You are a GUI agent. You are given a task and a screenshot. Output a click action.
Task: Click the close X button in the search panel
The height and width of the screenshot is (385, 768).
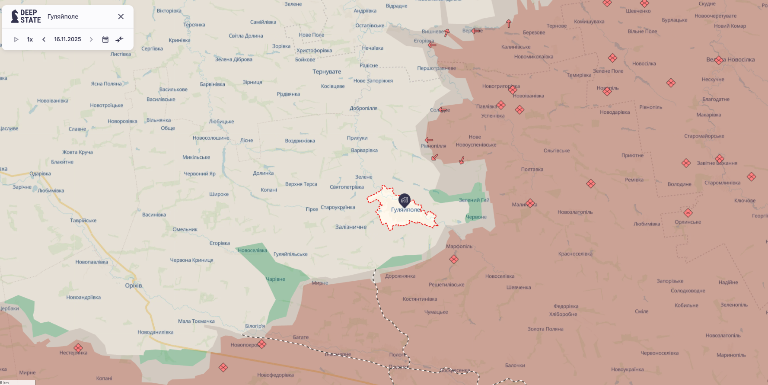point(121,16)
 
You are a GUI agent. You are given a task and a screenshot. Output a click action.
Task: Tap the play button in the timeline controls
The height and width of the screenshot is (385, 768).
point(16,39)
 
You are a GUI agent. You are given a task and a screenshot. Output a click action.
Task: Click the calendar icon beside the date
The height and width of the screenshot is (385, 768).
point(105,39)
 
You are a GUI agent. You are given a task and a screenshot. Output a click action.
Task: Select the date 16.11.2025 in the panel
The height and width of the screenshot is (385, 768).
point(67,39)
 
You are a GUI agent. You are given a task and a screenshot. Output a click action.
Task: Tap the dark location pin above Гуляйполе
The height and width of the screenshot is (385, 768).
point(404,200)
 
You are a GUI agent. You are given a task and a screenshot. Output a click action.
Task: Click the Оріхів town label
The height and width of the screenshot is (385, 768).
point(133,286)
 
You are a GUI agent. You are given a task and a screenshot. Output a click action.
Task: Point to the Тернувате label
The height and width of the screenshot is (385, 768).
point(327,72)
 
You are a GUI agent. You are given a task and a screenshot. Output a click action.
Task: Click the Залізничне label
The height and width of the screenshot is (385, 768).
point(351,227)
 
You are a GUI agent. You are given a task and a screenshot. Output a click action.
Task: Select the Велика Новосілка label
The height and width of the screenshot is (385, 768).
point(730,60)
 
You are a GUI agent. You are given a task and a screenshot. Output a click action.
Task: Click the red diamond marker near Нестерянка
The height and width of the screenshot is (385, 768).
point(78,348)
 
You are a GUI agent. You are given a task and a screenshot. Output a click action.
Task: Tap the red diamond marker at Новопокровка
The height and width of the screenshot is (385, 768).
point(262,344)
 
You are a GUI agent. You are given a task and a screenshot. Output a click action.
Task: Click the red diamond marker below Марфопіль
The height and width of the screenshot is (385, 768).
point(454,260)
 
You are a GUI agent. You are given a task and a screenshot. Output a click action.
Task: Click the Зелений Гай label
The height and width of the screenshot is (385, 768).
point(474,200)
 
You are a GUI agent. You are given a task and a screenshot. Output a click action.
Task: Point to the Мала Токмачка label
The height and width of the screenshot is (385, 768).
point(196,321)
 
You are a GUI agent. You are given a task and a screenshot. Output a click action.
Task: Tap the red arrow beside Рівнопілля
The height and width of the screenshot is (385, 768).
point(429,140)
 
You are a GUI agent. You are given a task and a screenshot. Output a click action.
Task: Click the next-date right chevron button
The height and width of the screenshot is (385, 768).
point(91,39)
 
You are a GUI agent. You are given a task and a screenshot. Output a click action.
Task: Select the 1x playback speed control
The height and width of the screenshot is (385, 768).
point(30,39)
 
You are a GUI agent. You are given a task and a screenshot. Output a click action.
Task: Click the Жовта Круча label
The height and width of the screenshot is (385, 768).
point(77,152)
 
